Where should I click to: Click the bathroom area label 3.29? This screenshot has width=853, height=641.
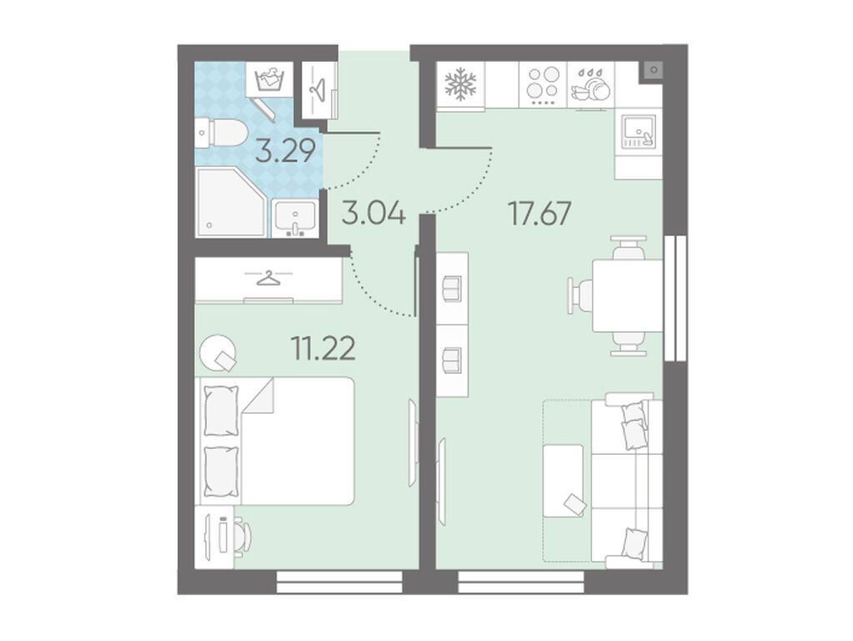pos(285,151)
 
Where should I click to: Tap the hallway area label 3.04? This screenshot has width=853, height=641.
pos(374,212)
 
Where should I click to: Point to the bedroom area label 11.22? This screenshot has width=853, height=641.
pos(324,348)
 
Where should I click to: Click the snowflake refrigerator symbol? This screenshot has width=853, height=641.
pos(460,83)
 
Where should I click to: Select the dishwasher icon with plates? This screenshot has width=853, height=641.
pos(590,85)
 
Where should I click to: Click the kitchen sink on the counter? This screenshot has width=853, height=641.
pos(639,133)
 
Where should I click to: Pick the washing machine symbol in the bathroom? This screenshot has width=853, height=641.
pos(270,79)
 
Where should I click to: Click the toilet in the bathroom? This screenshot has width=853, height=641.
pos(221,133)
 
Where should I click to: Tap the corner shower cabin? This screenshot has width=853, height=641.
pos(231,202)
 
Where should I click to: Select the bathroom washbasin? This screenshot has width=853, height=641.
pos(294,218)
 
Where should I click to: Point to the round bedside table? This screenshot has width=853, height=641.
pos(218,352)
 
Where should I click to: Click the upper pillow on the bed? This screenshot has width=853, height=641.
pos(221,410)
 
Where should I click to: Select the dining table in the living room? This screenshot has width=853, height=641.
pos(627,295)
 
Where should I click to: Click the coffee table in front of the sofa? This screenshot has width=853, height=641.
pos(564,481)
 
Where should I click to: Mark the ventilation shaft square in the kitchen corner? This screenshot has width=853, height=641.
pos(653,70)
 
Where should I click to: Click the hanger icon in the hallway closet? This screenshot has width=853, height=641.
pos(319,89)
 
